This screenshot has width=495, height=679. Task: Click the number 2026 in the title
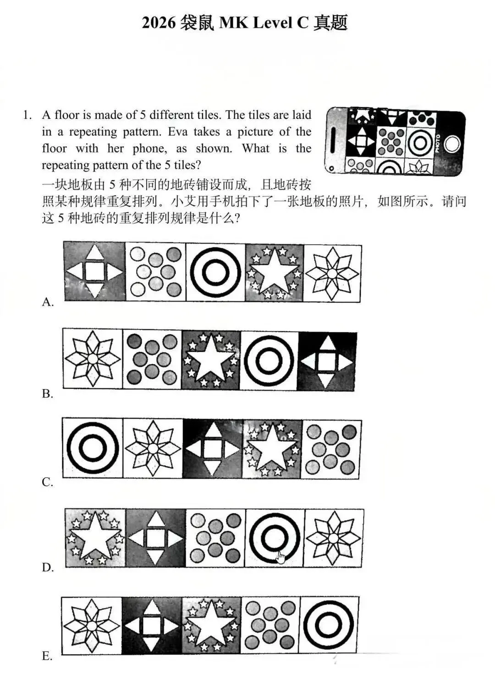coord(159,22)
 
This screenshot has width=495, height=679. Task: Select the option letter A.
coord(48,302)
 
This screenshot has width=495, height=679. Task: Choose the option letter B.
coord(48,394)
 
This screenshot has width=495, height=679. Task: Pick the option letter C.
coord(48,482)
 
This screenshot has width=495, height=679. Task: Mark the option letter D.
coord(48,568)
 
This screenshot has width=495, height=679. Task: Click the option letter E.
coord(48,656)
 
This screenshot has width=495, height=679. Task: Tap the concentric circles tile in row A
coord(215,273)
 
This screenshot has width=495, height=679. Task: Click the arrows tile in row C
coord(213,449)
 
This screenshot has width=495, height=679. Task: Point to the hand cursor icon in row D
coord(280,557)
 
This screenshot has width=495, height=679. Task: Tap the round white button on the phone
coord(451,144)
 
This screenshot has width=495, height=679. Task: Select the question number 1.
coord(27,115)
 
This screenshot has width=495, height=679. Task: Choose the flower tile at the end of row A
coord(332,273)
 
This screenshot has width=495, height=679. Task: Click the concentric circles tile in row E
coord(329,625)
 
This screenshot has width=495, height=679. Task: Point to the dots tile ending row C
coord(331,449)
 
